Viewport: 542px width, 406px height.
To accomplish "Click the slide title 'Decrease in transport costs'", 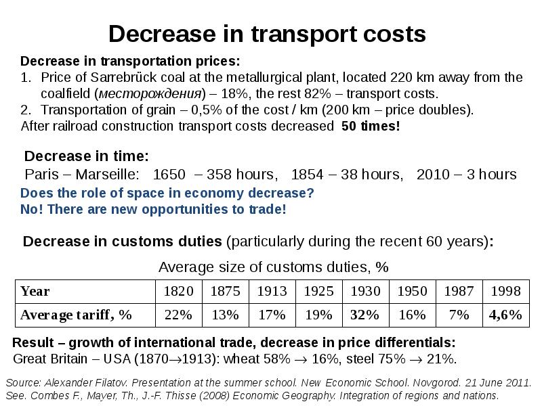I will point(267,34).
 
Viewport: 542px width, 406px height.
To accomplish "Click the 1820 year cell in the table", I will point(179,292).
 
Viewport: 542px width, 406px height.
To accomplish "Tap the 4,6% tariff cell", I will point(505,315).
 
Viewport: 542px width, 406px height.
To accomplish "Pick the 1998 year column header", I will point(505,292).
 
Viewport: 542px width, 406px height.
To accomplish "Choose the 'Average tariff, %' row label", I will point(76,315).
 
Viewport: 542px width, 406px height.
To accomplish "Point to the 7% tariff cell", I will point(459,315).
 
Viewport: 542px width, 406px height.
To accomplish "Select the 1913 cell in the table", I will point(272,292).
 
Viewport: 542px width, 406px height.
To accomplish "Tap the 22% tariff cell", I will point(179,315).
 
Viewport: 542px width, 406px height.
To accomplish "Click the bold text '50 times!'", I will point(371,127).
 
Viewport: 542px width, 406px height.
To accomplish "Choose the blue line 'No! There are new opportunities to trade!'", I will point(154,209).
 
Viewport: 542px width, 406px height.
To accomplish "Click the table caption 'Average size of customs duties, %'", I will point(273,267).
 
